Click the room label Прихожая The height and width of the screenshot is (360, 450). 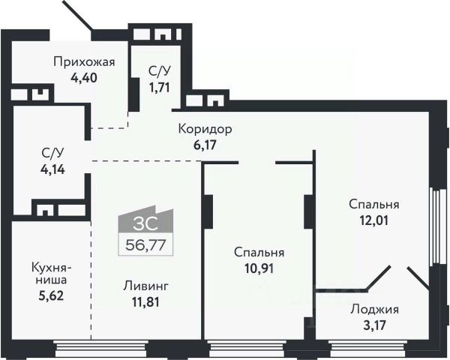[84, 62]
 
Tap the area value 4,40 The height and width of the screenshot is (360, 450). [84, 76]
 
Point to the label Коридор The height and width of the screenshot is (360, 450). [205, 129]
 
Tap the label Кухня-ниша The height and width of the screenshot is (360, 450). [50, 273]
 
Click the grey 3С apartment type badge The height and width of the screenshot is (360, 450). [145, 222]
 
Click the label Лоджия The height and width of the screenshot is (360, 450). [374, 309]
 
